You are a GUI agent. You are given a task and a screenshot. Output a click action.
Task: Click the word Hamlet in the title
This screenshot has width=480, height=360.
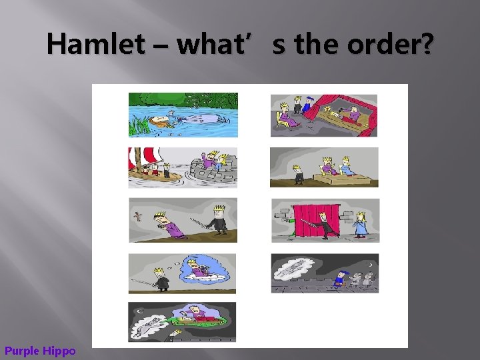click(x=95, y=45)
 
